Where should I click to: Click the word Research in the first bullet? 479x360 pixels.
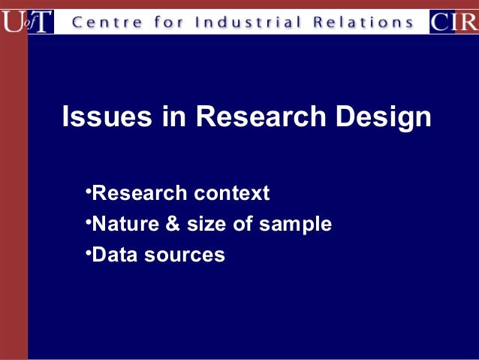139,194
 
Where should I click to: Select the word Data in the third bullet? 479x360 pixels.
113,256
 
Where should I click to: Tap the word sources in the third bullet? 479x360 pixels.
183,256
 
